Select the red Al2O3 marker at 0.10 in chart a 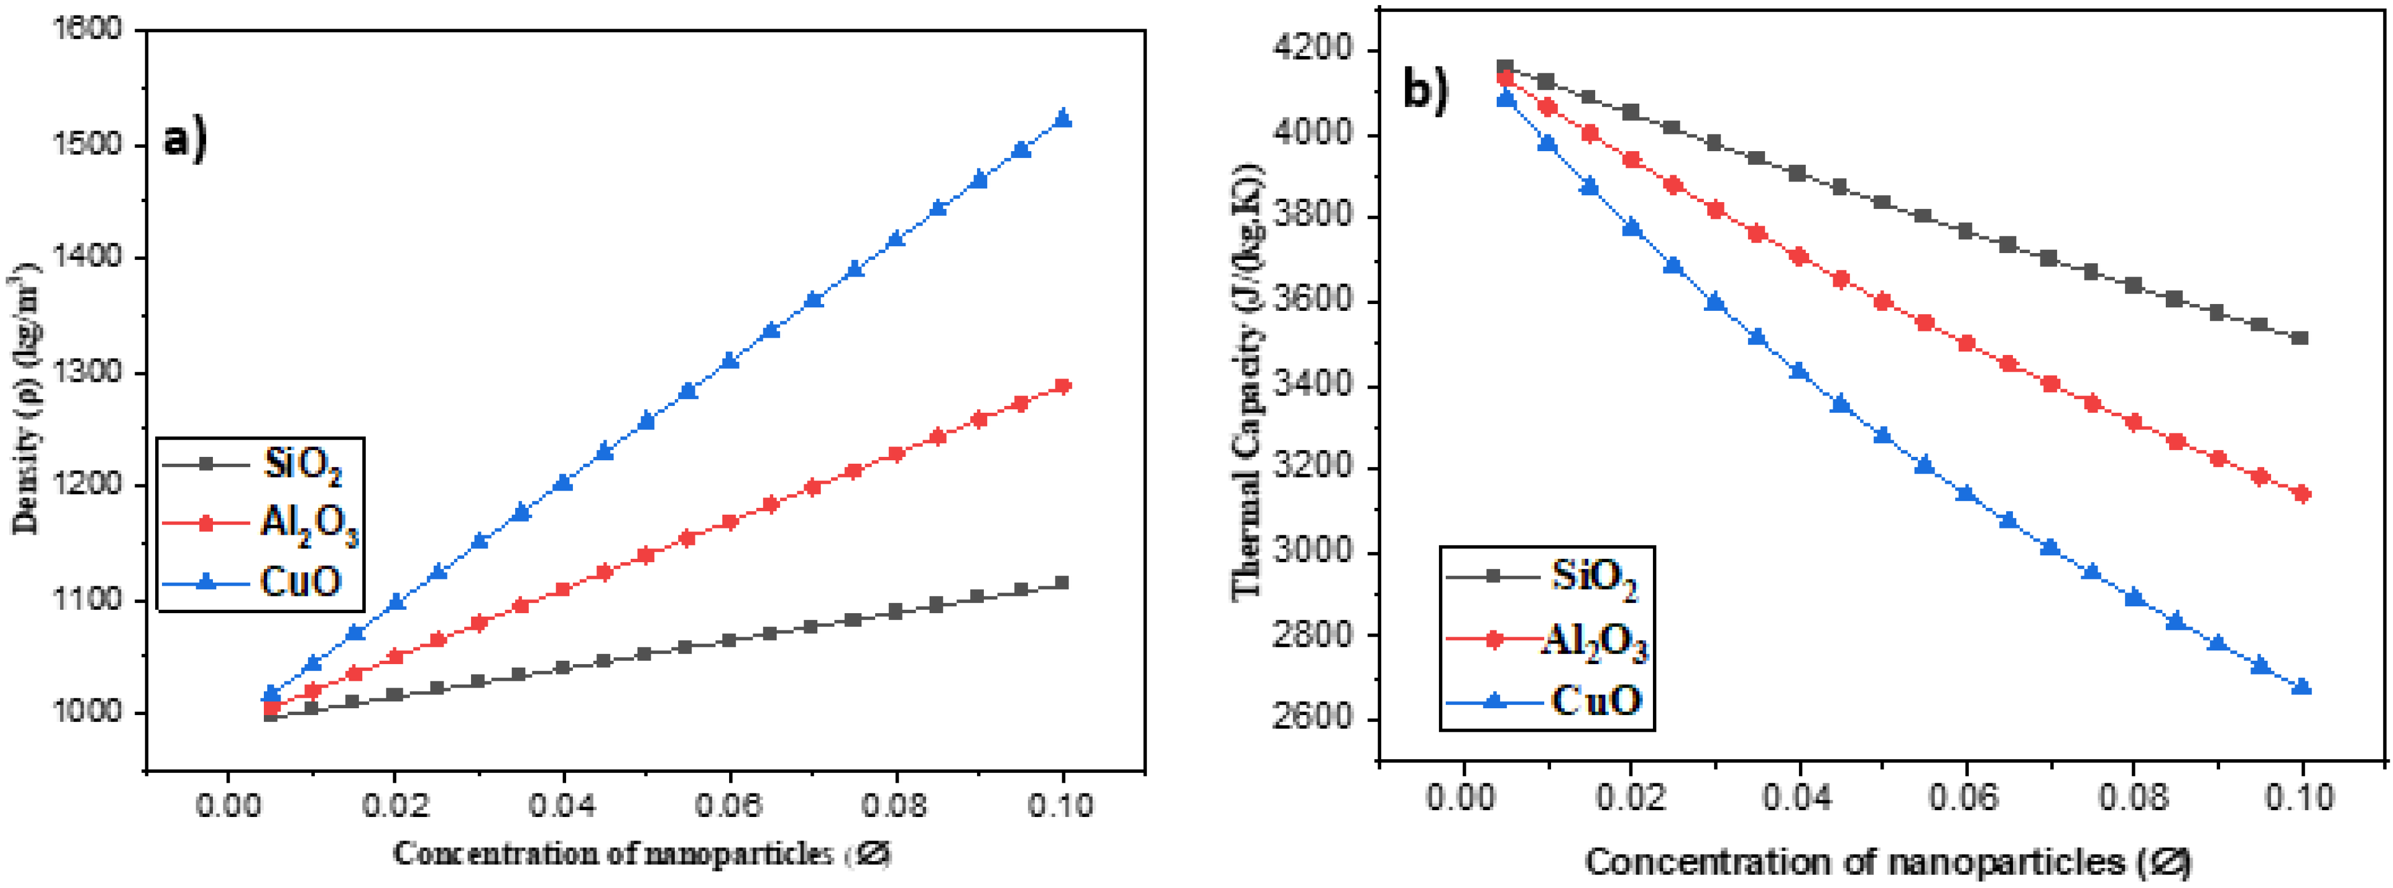(1063, 385)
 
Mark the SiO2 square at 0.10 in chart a (1063, 583)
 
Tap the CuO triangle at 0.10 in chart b (2301, 686)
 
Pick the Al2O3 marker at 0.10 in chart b (2301, 494)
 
